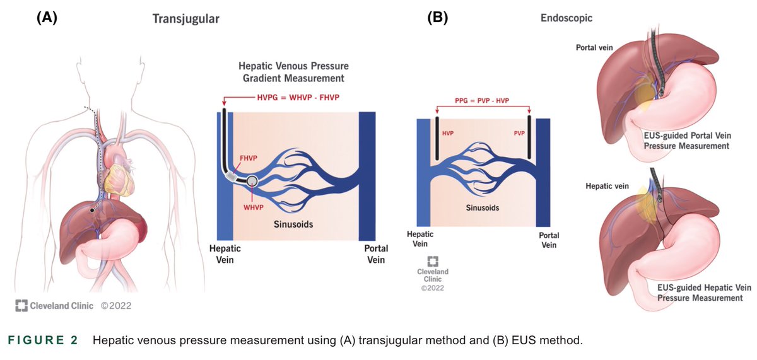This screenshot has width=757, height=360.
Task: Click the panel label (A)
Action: tap(47, 18)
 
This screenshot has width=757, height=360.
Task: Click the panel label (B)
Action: tap(438, 18)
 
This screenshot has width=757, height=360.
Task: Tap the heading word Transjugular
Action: tap(186, 19)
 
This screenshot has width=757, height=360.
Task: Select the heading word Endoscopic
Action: tap(566, 18)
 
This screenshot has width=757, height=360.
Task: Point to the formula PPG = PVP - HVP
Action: tap(483, 100)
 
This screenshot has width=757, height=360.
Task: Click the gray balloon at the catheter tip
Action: tap(252, 182)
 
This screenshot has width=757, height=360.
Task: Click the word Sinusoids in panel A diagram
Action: tap(293, 224)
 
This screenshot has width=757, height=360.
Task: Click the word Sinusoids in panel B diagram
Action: tap(483, 206)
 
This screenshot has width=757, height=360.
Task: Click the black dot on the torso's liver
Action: tap(93, 209)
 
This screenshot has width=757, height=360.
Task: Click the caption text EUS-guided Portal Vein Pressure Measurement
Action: tap(686, 141)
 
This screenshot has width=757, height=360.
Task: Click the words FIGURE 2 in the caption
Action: tap(43, 340)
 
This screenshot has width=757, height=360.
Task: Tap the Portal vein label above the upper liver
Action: tap(594, 48)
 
